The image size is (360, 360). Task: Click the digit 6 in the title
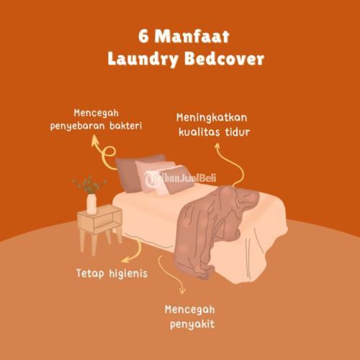tap(143, 37)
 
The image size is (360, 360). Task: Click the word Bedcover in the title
tap(225, 58)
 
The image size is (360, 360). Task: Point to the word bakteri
tap(126, 126)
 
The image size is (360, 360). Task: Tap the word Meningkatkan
tap(212, 118)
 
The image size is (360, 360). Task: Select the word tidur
tap(238, 132)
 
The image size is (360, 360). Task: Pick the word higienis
tap(128, 274)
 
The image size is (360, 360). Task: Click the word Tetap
tap(90, 274)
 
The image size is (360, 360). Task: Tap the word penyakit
tap(192, 325)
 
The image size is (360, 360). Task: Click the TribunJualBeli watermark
tap(181, 179)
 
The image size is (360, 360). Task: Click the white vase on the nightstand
tap(91, 204)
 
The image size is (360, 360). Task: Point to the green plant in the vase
tap(89, 184)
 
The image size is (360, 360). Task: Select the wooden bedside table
tap(99, 228)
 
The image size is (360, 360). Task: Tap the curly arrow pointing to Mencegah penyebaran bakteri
tap(104, 153)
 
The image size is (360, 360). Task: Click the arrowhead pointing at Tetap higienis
tap(125, 260)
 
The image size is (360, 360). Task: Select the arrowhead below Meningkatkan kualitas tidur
tap(217, 145)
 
